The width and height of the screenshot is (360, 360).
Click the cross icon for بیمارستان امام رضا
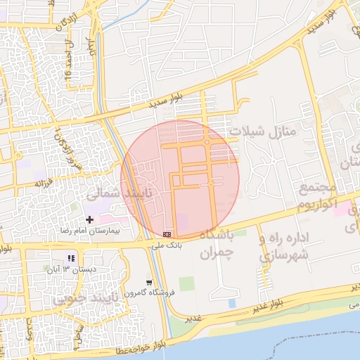pyautogui.click(x=89, y=220)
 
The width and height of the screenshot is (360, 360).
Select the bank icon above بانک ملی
pyautogui.click(x=167, y=233)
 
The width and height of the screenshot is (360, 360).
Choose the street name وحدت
pyautogui.click(x=30, y=329)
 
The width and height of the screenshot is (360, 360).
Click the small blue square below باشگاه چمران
pyautogui.click(x=232, y=303)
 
